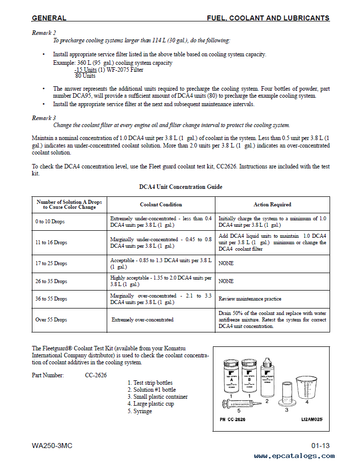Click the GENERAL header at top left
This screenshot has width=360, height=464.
49,18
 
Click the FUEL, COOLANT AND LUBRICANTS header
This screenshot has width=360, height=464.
268,18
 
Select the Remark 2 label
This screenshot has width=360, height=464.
44,32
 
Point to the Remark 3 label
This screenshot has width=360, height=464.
44,118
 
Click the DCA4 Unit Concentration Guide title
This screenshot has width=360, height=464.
180,187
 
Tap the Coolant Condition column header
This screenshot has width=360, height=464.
161,204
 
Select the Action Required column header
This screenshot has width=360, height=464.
272,204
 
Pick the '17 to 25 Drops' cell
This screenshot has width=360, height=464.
51,263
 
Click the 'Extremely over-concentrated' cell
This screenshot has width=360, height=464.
143,319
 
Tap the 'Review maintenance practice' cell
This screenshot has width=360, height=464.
250,299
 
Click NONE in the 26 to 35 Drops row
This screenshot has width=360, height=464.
226,281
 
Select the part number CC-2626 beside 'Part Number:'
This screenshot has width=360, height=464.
96,375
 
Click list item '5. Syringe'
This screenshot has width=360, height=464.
140,411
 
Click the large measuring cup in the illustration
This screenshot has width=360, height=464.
307,388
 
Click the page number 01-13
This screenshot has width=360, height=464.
320,446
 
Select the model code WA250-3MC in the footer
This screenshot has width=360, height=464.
52,446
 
